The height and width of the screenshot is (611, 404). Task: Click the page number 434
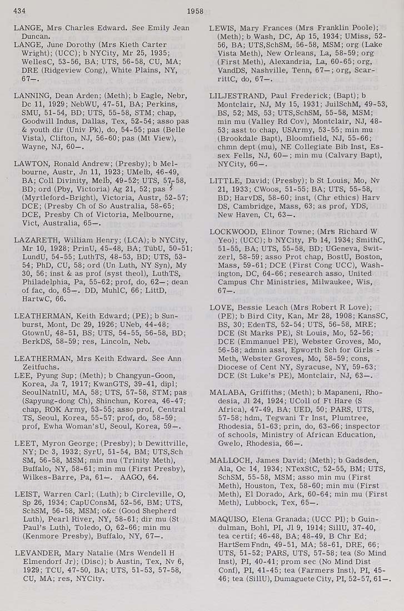tap(21, 11)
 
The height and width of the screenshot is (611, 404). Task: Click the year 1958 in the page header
tap(195, 11)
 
